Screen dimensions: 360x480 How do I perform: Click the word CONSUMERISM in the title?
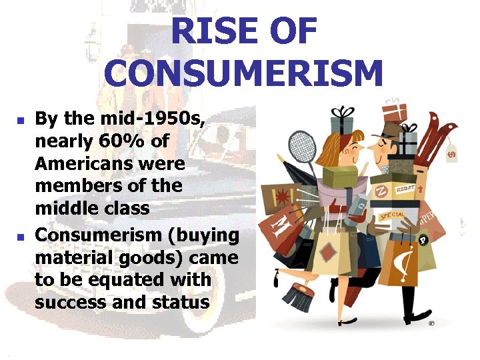coord(243,73)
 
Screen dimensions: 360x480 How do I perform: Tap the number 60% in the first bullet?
coord(115,141)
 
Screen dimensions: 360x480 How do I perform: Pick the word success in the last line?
coord(72,301)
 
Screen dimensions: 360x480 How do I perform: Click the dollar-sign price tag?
coord(451,153)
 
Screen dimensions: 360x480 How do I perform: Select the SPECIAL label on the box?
coord(394,215)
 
